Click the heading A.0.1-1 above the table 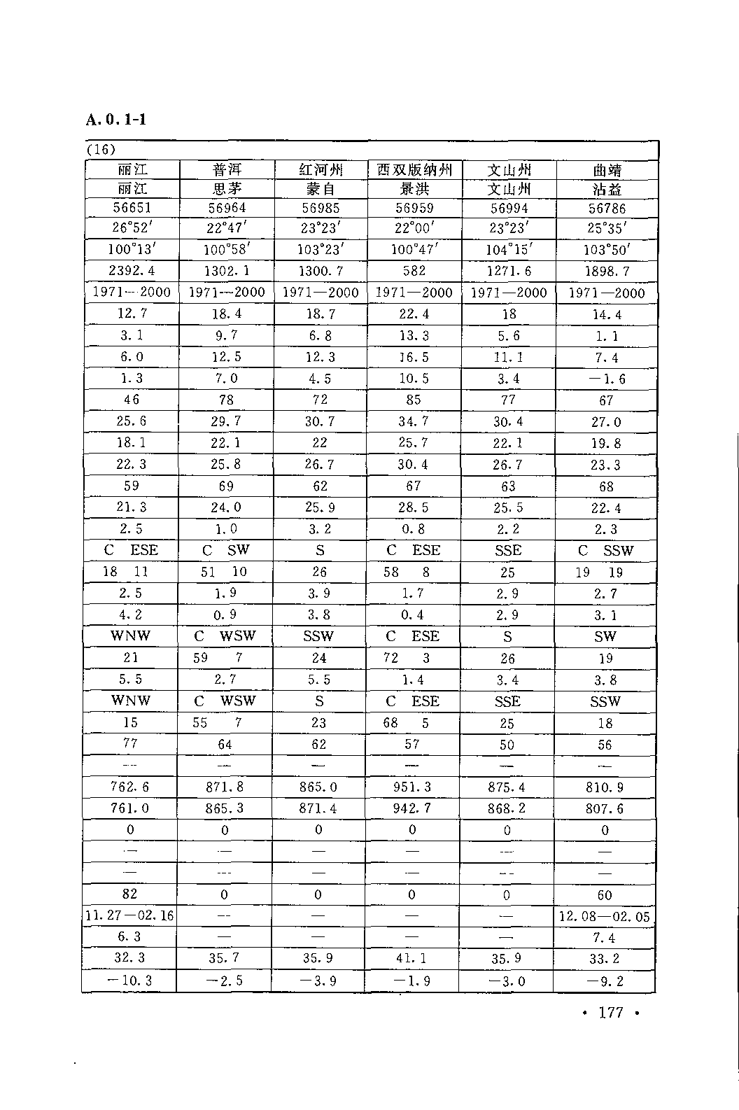pos(116,119)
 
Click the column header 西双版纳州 pos(414,170)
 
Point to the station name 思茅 pos(227,189)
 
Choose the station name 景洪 pos(414,189)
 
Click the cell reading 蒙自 pos(320,189)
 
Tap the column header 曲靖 pos(607,170)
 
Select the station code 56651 pos(132,208)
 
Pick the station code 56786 pos(607,209)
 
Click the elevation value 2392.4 pos(132,271)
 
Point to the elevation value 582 pos(414,271)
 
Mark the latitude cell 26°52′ pos(132,228)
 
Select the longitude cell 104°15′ pos(509,250)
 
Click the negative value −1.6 pos(606,379)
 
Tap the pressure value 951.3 pos(413,787)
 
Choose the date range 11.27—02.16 pos(129,915)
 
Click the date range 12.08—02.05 pos(605,916)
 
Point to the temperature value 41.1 pos(412,958)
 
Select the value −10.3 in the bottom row pos(129,981)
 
